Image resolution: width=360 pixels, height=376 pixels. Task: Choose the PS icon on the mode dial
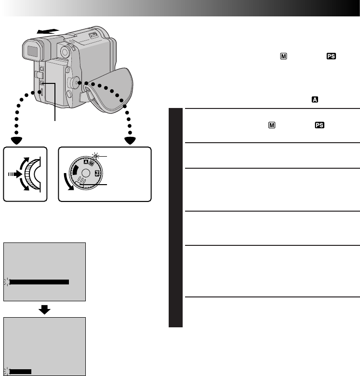[x=97, y=173]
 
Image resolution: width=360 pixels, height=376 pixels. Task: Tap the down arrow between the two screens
[x=45, y=309]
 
